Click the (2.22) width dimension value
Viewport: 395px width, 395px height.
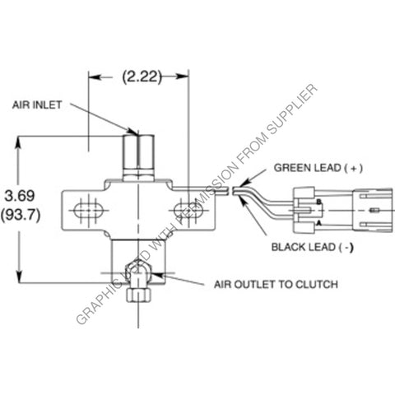coord(140,77)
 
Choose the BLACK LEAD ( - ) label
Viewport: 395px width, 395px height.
coord(312,245)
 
